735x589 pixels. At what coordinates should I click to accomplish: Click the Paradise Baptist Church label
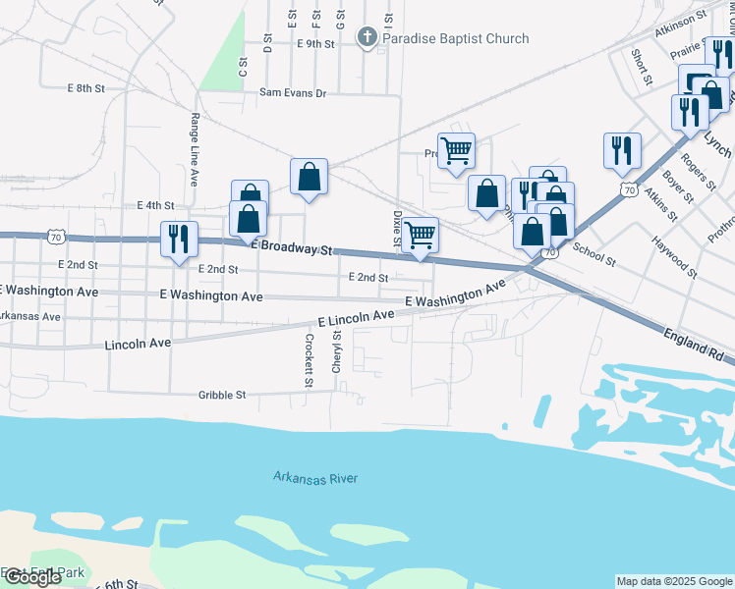[456, 39]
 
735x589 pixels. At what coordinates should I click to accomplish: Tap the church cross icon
[367, 39]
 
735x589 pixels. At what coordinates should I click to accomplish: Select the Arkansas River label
[315, 478]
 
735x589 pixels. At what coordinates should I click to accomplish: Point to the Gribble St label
[221, 395]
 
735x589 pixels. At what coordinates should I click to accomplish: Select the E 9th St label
[315, 43]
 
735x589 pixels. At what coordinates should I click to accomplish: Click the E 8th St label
[86, 88]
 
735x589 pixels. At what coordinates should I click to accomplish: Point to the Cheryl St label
[336, 350]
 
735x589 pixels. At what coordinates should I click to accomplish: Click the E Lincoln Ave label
[356, 317]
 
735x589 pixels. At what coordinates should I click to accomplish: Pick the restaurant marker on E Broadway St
[179, 240]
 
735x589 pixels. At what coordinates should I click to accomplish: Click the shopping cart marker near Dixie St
[421, 236]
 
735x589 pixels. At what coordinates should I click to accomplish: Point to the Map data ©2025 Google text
[674, 581]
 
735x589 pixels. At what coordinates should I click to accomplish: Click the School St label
[594, 256]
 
